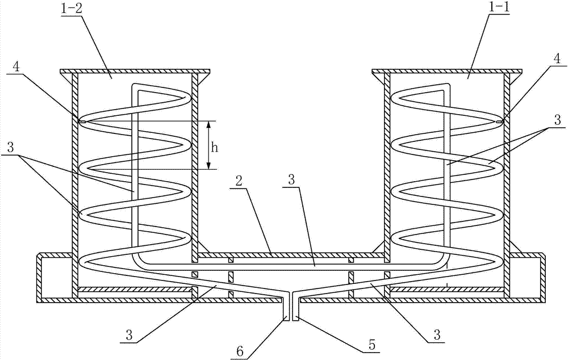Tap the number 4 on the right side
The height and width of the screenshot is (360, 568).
557,58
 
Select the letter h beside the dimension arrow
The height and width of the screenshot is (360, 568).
215,148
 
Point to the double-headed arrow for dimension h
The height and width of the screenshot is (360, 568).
209,145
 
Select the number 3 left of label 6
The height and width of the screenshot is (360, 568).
130,335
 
